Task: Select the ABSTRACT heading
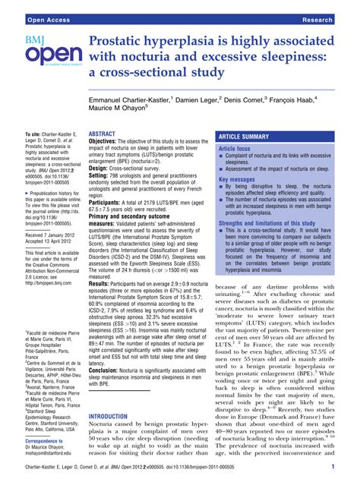[103, 134]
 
